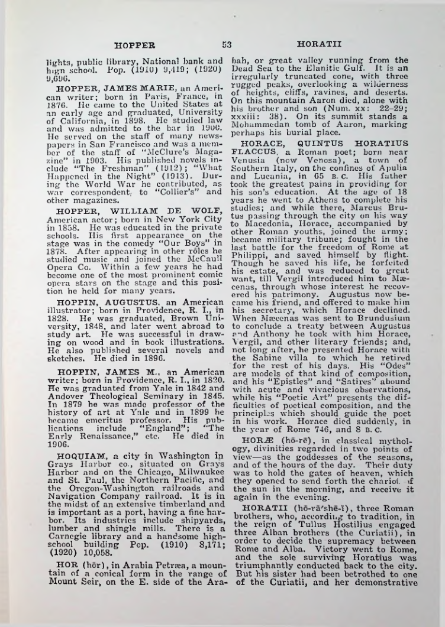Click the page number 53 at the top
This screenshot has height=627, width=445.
coord(226,44)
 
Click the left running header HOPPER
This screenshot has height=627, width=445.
coord(135,44)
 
